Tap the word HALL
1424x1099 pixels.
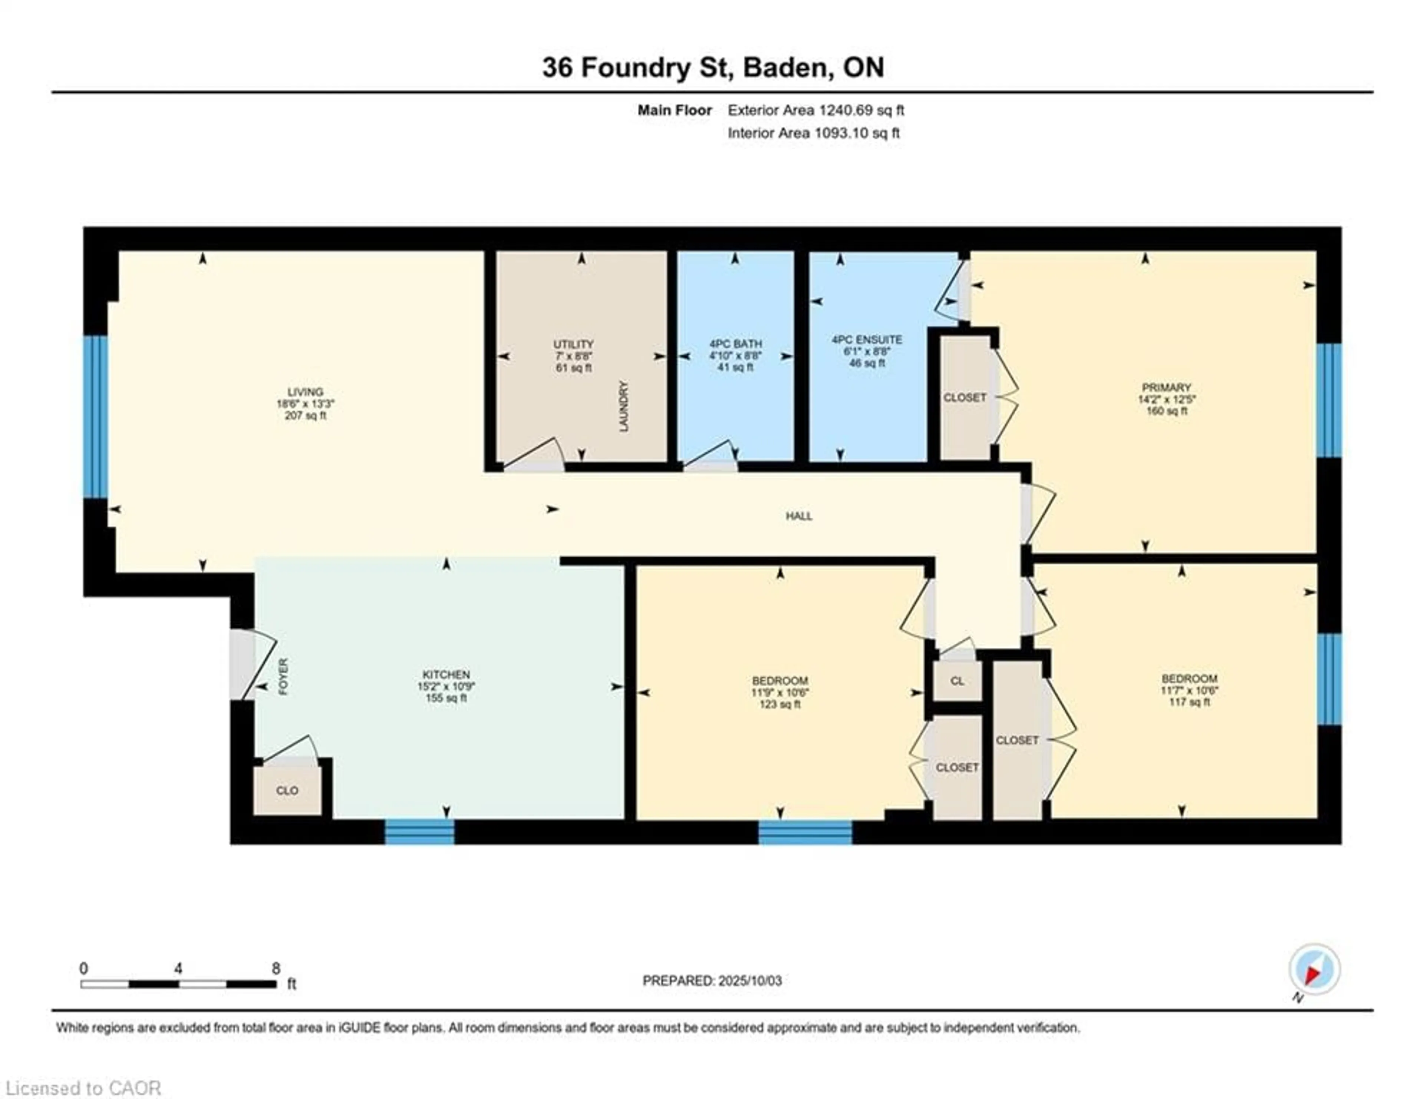point(799,516)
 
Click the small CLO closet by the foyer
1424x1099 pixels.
point(287,790)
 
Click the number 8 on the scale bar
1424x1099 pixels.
point(276,968)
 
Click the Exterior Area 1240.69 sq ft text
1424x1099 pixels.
point(816,110)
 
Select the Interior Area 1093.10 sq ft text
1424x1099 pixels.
point(814,133)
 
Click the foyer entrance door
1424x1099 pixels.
point(244,665)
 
